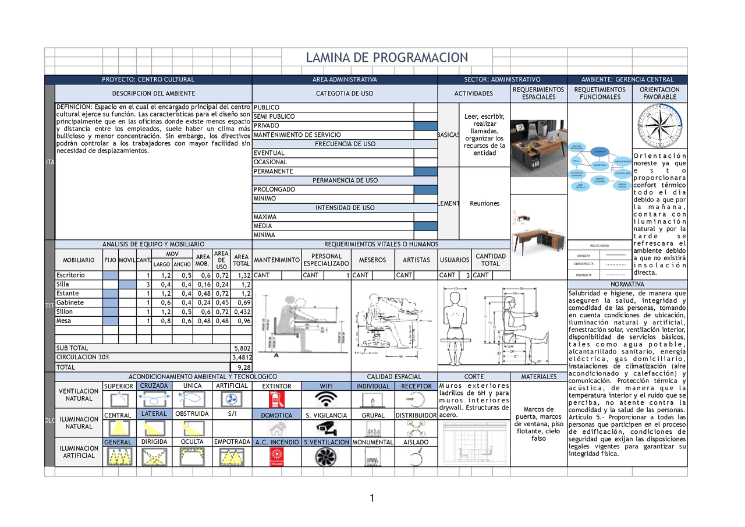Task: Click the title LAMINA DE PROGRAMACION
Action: click(387, 57)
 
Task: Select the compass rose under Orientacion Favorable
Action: click(659, 125)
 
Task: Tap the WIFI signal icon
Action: click(326, 399)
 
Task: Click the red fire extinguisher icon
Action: click(276, 399)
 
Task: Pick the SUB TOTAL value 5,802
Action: click(241, 348)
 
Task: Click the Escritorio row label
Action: click(70, 275)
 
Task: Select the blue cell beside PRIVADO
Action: click(425, 126)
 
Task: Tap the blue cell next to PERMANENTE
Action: click(425, 171)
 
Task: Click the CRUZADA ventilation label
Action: click(154, 386)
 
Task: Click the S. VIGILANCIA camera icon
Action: click(326, 429)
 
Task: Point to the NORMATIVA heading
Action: click(627, 284)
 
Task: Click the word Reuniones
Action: click(485, 203)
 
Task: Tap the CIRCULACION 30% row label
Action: click(83, 358)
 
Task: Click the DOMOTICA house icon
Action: click(276, 429)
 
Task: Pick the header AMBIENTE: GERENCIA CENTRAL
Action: click(627, 80)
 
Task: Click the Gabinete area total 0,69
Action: click(244, 303)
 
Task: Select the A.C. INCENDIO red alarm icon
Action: click(276, 457)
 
